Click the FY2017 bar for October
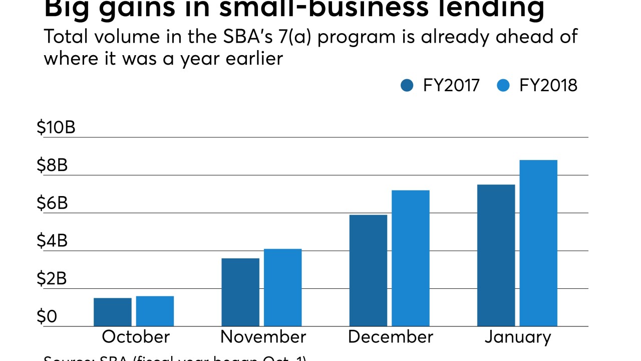[x=113, y=312]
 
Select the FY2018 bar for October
[x=155, y=311]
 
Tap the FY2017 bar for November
[x=240, y=292]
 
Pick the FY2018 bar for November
[x=283, y=287]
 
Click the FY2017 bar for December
[x=368, y=270]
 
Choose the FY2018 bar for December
[x=411, y=258]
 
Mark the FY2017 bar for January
[x=496, y=255]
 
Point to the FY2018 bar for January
[x=538, y=243]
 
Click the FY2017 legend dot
[x=407, y=86]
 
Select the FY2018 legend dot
[x=503, y=86]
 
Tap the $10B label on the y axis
[x=56, y=127]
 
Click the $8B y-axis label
[x=52, y=165]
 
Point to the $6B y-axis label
[x=52, y=203]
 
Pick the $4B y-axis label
[x=52, y=241]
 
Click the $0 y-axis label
[x=47, y=317]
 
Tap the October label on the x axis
[x=136, y=336]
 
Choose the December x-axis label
[x=390, y=336]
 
